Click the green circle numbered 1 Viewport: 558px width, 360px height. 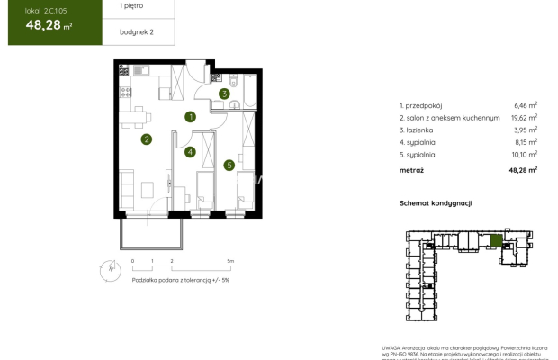click(191, 116)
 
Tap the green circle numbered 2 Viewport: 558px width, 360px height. click(146, 139)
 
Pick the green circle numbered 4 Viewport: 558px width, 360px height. click(191, 152)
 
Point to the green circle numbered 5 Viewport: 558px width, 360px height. click(229, 165)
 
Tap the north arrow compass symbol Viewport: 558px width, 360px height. click(110, 267)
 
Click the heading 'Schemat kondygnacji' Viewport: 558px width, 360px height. click(436, 203)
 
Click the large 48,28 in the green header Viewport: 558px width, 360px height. click(38, 25)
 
